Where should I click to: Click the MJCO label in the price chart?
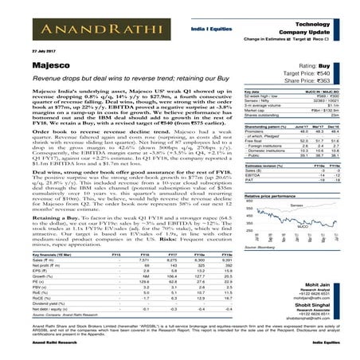tap(302, 226)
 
